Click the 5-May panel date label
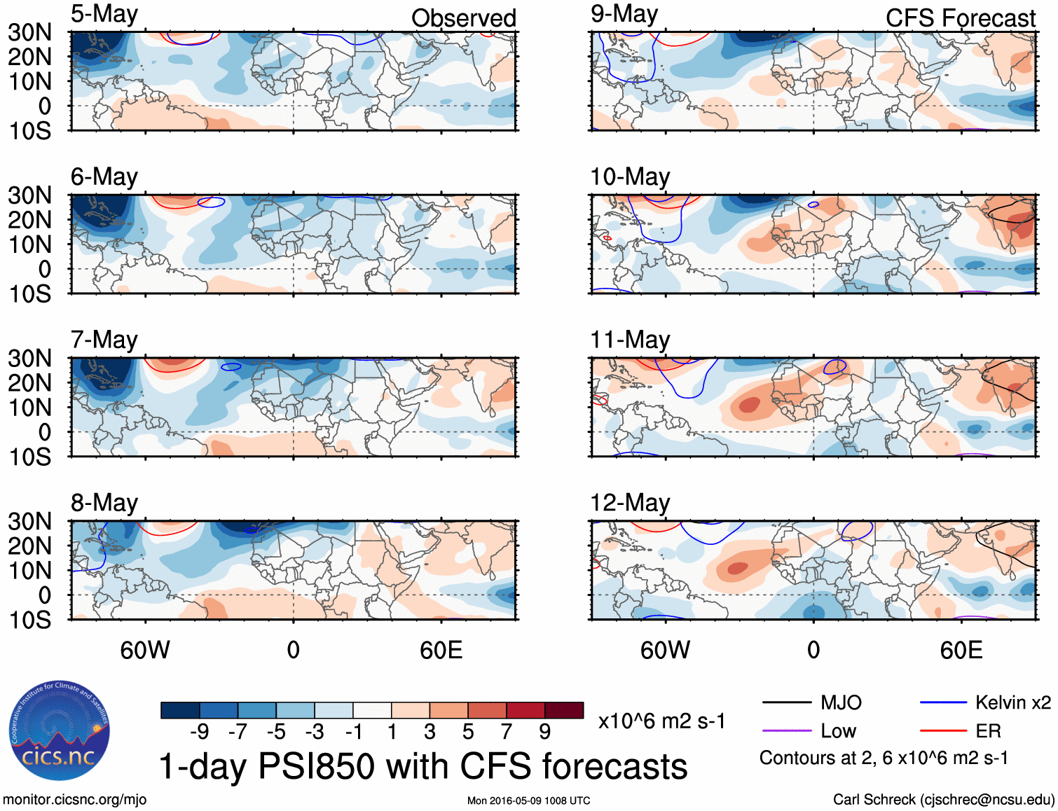[104, 14]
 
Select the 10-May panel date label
[630, 177]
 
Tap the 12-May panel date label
[630, 503]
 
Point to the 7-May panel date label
[104, 340]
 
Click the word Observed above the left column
[463, 18]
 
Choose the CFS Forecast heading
[960, 18]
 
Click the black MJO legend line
[786, 702]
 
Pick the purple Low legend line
[786, 731]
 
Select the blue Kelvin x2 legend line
[943, 702]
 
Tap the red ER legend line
[943, 731]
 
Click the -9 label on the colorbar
[199, 732]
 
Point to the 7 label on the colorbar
[507, 732]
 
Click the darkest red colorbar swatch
[564, 710]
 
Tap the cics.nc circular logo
[59, 731]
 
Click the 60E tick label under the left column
[441, 650]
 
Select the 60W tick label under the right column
[665, 650]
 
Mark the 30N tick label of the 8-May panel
[29, 522]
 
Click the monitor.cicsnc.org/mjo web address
[74, 800]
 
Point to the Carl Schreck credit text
[943, 800]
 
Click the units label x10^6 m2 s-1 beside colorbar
[661, 721]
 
